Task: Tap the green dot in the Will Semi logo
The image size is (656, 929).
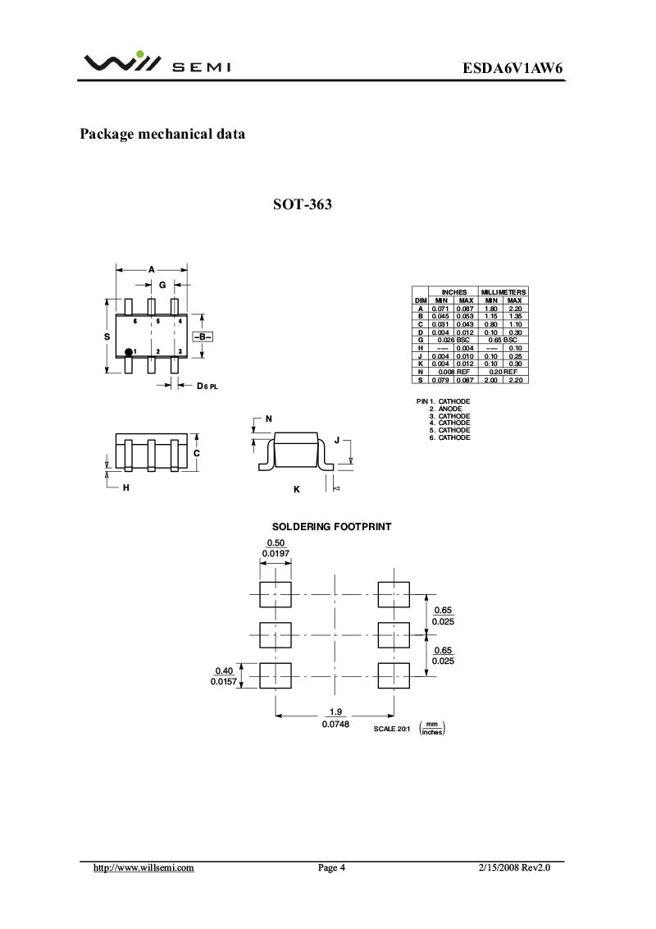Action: tap(140, 56)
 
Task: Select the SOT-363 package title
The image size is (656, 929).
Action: tap(303, 204)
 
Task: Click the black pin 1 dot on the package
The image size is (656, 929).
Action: tap(129, 352)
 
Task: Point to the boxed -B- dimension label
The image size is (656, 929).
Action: tap(203, 336)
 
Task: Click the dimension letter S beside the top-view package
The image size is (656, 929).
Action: tap(107, 336)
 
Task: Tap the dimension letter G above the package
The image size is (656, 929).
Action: tap(162, 285)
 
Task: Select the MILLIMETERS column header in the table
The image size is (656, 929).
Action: tap(503, 292)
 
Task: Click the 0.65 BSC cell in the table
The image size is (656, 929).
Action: tap(503, 340)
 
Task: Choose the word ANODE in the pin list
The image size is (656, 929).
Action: tap(450, 409)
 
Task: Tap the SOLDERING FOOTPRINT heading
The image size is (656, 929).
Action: tap(331, 526)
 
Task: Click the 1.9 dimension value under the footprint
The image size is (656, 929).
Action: tap(335, 712)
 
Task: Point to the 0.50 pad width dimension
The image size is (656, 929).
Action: tap(275, 543)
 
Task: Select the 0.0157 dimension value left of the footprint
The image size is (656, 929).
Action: tap(223, 682)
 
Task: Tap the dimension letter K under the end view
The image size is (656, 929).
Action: tap(297, 489)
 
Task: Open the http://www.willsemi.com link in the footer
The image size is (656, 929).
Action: tap(143, 867)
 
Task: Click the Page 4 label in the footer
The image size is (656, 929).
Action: tap(331, 867)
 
